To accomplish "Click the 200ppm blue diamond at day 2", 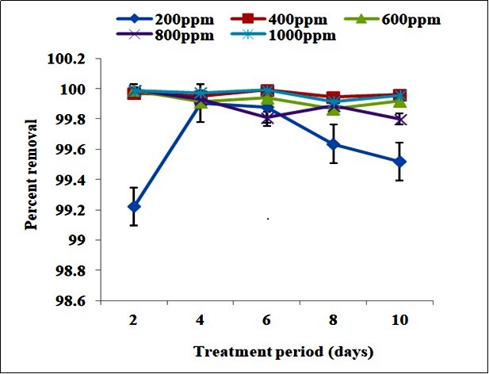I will (134, 206).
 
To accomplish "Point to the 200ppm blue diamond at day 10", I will (400, 162).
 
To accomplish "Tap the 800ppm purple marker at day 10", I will (400, 120).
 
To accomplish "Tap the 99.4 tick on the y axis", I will (81, 180).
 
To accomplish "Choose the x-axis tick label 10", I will (400, 316).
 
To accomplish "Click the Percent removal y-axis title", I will (31, 174).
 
